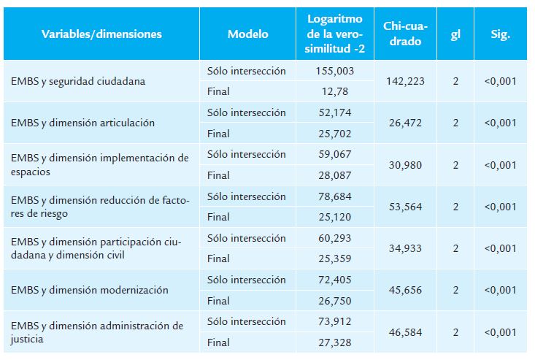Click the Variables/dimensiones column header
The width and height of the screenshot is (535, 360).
(x=101, y=34)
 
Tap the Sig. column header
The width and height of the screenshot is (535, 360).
(x=501, y=34)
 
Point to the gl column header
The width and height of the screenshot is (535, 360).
(x=455, y=34)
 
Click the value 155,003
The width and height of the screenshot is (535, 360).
(x=335, y=71)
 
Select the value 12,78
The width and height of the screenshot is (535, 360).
(x=335, y=91)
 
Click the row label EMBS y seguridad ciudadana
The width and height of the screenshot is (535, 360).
(x=78, y=81)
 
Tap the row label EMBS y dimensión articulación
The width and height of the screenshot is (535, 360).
(x=83, y=123)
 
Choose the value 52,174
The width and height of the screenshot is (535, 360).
(x=335, y=112)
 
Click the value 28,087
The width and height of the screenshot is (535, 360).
(x=335, y=175)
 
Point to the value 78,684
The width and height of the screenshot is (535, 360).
(x=335, y=196)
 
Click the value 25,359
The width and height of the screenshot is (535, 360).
(x=335, y=258)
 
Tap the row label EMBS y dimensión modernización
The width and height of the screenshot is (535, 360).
(x=90, y=290)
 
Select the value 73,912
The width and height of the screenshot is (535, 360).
(x=335, y=321)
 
